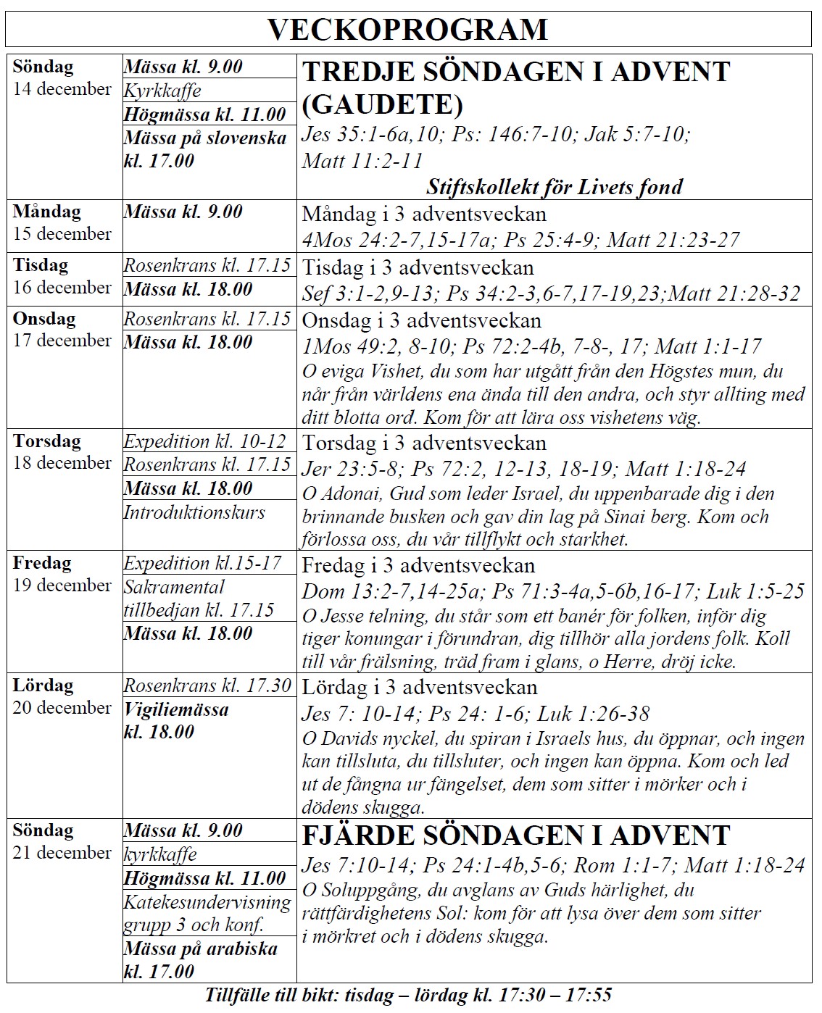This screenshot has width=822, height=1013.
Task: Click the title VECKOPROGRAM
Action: pos(407,30)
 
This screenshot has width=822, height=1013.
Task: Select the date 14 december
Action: pos(62,89)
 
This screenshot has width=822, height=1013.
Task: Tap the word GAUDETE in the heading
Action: pos(382,105)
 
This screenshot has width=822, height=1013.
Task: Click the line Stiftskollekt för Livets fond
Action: pos(554,187)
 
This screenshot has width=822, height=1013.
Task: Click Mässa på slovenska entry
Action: pos(205,149)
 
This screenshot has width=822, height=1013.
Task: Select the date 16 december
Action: pos(62,287)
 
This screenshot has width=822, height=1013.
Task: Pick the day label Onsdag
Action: pos(44,318)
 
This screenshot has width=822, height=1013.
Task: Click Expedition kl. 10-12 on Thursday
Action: pos(205,441)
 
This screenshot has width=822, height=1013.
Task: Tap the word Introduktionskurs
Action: pos(194,512)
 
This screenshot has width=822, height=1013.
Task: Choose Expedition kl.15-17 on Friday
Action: pos(202,563)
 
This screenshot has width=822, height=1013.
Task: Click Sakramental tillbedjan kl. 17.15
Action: pos(199,599)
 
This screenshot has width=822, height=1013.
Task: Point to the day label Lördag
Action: pos(43,685)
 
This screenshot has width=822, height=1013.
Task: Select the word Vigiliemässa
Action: pos(176,709)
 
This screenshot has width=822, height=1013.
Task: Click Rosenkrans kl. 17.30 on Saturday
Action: pos(207,685)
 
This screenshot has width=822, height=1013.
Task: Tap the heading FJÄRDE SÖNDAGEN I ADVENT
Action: pos(515,835)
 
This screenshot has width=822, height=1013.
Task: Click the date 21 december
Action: pos(62,853)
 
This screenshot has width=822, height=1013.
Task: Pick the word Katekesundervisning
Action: pos(207,902)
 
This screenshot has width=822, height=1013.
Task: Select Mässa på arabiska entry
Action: pos(200,959)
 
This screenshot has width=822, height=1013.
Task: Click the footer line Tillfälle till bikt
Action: pos(408,995)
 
